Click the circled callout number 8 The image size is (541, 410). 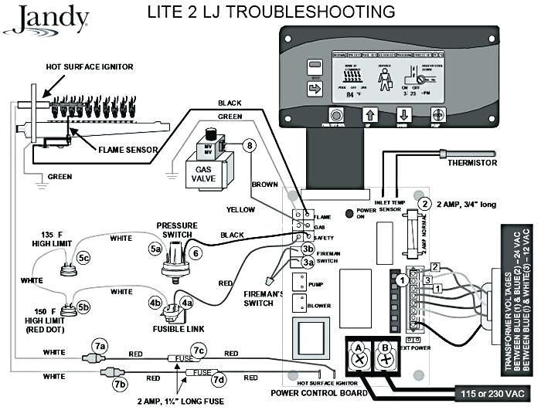pyautogui.click(x=248, y=144)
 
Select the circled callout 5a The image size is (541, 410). pyautogui.click(x=155, y=249)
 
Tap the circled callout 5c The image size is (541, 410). pyautogui.click(x=83, y=256)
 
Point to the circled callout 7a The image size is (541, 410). pyautogui.click(x=98, y=344)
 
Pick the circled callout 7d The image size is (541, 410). pyautogui.click(x=219, y=378)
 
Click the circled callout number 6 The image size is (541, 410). pyautogui.click(x=196, y=252)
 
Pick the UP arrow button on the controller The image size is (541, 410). pyautogui.click(x=369, y=117)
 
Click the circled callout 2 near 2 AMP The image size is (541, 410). pyautogui.click(x=424, y=204)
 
